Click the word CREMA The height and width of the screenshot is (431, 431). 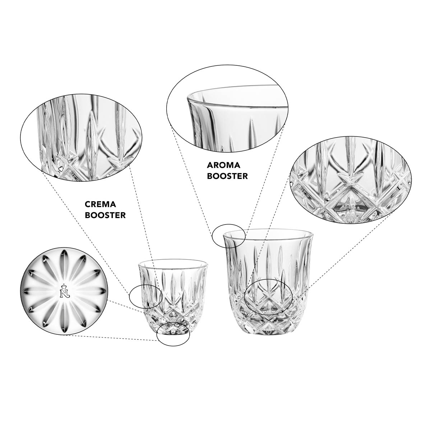click(x=100, y=204)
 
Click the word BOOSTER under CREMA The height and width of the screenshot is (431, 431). click(x=105, y=215)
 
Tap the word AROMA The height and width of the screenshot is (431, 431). click(x=224, y=165)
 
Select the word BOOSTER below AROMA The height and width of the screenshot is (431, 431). click(x=227, y=176)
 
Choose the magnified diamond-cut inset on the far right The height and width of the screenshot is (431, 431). click(x=351, y=181)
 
